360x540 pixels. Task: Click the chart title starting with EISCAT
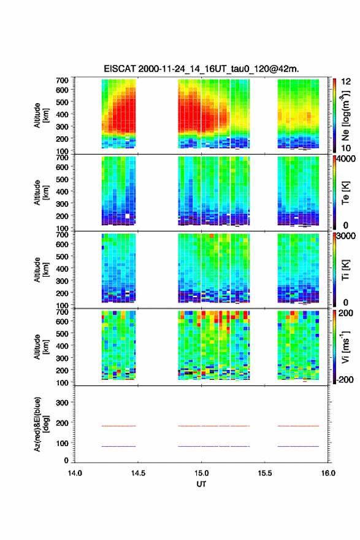pos(201,69)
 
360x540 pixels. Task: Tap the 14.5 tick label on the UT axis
pos(138,473)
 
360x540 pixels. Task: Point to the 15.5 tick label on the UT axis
pos(265,473)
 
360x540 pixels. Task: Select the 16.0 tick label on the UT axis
pos(328,473)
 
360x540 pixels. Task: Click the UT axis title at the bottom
pos(201,484)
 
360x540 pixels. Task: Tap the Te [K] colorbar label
pos(345,193)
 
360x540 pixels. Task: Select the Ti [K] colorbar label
pos(345,270)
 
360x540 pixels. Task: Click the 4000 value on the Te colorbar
pos(346,160)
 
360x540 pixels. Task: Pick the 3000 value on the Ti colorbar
pos(346,236)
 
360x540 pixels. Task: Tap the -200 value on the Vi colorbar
pos(345,379)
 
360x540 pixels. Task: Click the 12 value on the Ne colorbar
pos(346,82)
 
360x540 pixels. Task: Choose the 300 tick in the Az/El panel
pos(63,403)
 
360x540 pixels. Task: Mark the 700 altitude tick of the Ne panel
pos(63,80)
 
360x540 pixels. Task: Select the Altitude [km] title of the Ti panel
pos(41,269)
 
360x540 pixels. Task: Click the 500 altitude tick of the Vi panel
pos(63,334)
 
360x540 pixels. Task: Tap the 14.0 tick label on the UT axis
pos(75,473)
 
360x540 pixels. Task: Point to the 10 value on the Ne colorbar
pos(346,148)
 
